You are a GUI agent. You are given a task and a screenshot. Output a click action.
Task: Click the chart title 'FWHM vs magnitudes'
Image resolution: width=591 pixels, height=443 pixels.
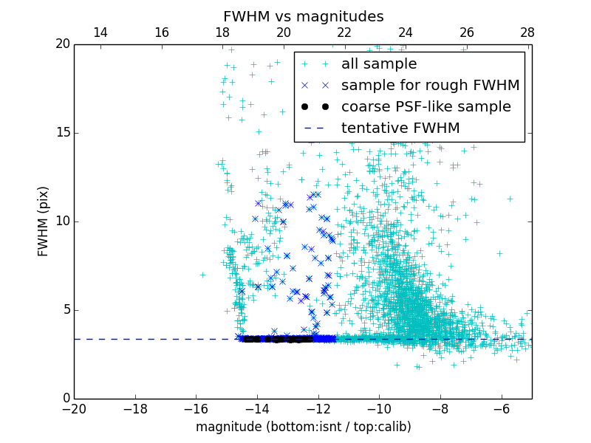pos(303,16)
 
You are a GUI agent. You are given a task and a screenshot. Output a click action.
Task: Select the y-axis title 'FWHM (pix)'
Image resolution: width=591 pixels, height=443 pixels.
pos(44,221)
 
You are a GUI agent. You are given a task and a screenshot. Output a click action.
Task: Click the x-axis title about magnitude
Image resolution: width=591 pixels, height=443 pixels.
pos(303,427)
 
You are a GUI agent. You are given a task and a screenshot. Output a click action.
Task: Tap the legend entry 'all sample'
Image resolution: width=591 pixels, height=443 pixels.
pos(378,64)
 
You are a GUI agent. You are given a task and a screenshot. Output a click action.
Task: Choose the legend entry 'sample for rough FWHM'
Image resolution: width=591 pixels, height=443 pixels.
pos(430,86)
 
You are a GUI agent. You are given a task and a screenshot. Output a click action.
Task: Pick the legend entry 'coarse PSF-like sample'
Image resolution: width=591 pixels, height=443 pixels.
pos(426,107)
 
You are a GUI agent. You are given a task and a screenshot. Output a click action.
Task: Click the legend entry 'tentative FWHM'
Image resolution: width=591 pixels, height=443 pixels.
pos(400,128)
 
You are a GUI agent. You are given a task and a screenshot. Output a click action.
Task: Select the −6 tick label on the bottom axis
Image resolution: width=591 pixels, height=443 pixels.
pos(502,408)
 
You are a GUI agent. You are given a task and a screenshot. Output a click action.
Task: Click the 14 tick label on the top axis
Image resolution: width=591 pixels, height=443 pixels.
pos(100,32)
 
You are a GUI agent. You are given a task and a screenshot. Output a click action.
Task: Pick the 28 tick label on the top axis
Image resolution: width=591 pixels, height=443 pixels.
pos(527,32)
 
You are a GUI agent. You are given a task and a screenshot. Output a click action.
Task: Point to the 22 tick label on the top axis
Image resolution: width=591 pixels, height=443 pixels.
pos(344,32)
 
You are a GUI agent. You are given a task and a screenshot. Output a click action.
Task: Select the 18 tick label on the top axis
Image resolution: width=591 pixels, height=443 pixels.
pos(222,32)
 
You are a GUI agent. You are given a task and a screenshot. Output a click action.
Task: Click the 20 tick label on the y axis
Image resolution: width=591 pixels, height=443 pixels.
pos(62,44)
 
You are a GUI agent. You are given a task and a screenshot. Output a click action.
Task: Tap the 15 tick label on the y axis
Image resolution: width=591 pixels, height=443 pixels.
pos(62,133)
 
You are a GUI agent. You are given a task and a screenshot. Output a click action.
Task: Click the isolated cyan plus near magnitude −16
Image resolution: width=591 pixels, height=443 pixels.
pos(202,275)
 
